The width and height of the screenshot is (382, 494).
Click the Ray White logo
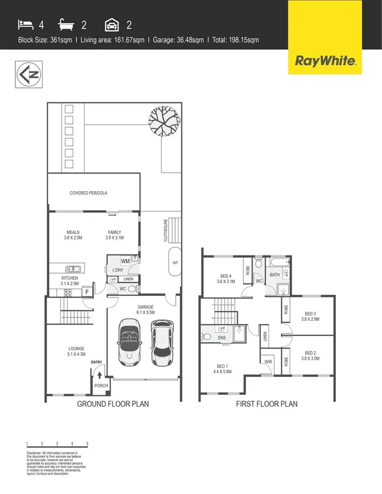pyautogui.click(x=325, y=60)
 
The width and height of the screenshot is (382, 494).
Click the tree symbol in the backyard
pyautogui.click(x=164, y=120)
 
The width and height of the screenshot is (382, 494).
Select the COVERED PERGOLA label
pyautogui.click(x=88, y=193)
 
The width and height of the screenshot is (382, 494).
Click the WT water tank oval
pyautogui.click(x=175, y=262)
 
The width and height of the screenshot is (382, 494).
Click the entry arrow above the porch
pyautogui.click(x=99, y=374)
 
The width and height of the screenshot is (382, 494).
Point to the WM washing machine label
pyautogui.click(x=125, y=260)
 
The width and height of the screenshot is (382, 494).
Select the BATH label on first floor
pyautogui.click(x=275, y=275)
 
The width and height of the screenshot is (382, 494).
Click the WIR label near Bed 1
pyautogui.click(x=267, y=361)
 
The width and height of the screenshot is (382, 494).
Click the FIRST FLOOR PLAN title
pyautogui.click(x=267, y=404)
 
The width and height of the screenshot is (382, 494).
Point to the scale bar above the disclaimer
pyautogui.click(x=57, y=444)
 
